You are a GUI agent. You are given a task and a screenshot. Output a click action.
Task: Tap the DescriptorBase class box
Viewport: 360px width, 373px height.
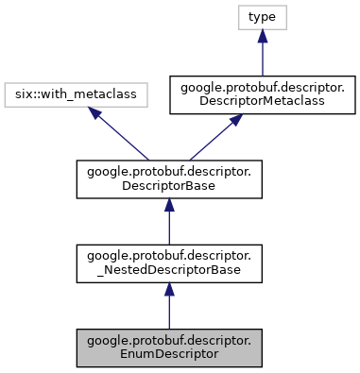pos(168,178)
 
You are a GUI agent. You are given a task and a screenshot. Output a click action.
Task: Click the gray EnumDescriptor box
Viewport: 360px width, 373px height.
pos(168,348)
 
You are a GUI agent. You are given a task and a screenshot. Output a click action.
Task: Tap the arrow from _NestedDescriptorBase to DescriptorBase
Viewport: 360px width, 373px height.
pos(168,221)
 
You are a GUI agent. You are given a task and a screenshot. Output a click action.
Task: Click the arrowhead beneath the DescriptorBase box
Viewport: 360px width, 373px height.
pos(168,207)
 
